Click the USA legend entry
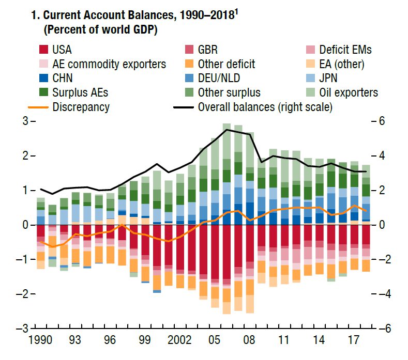click(62, 50)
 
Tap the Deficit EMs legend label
click(345, 50)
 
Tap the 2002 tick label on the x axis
click(179, 341)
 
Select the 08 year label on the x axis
click(249, 341)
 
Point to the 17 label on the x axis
click(354, 341)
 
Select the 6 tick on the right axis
click(381, 121)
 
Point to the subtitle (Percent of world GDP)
click(100, 30)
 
